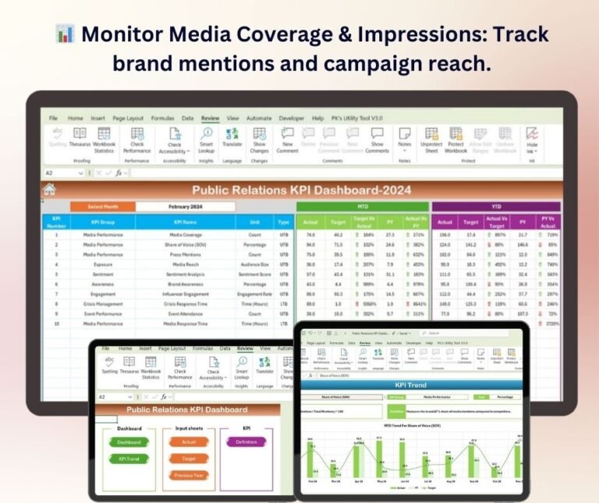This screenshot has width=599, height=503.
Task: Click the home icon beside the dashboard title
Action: click(x=50, y=189)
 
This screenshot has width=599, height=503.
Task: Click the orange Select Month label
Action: click(x=103, y=207)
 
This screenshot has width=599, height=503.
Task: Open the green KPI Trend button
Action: click(x=129, y=459)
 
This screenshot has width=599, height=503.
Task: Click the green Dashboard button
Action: click(x=129, y=442)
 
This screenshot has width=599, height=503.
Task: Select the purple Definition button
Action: click(x=246, y=442)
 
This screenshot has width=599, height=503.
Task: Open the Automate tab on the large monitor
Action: click(x=259, y=118)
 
